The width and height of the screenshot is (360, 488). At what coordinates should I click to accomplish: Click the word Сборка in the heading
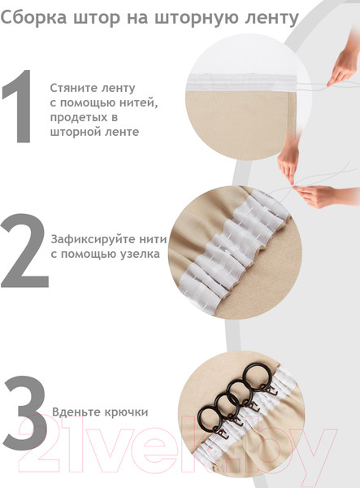click(33, 17)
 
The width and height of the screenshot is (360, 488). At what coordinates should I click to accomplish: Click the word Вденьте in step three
click(76, 412)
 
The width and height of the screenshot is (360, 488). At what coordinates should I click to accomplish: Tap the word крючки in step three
click(125, 412)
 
